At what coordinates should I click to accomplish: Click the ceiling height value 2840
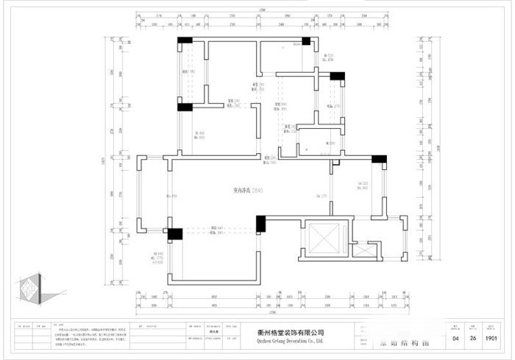(x=257, y=190)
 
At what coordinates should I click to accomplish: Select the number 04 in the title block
(x=455, y=339)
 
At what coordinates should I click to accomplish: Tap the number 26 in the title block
(x=475, y=339)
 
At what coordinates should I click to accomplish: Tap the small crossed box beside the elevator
(x=363, y=250)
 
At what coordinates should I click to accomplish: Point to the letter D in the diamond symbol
(x=24, y=283)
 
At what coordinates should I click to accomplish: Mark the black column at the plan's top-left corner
(x=185, y=40)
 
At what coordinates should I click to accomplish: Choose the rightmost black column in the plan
(x=380, y=158)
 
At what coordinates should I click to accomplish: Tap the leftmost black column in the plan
(x=175, y=235)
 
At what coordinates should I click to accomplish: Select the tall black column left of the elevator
(x=260, y=225)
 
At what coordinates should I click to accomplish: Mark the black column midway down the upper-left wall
(x=185, y=107)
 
